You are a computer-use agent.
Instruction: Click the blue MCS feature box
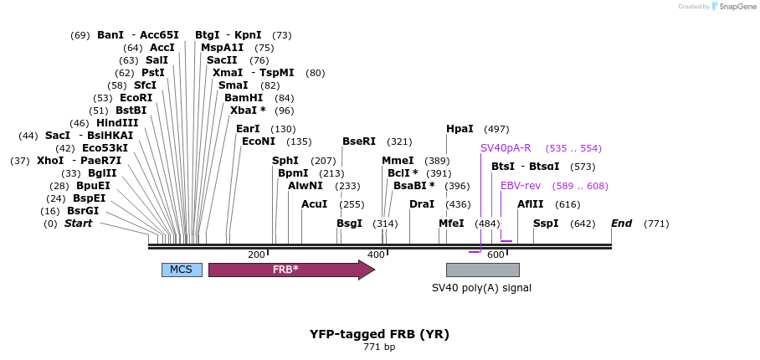tap(181, 270)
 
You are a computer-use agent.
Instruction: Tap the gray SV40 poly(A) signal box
tap(482, 270)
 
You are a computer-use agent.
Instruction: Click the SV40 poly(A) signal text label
tap(481, 288)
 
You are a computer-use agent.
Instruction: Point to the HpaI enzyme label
tap(460, 129)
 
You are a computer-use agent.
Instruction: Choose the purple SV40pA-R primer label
tap(506, 148)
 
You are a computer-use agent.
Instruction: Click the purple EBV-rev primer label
tap(521, 186)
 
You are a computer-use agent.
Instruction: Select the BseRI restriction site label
tap(359, 141)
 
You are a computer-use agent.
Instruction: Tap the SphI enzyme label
tap(285, 161)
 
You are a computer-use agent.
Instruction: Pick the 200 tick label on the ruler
tap(256, 255)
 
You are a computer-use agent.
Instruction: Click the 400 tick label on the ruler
tap(376, 255)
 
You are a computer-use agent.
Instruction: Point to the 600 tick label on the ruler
tap(496, 255)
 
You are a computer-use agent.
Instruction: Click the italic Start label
tap(78, 224)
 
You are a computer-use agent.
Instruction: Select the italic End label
tap(621, 224)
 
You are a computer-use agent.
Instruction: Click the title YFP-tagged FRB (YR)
tap(379, 334)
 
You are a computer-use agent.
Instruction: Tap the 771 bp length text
tap(379, 347)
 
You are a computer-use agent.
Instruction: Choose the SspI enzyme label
tap(546, 224)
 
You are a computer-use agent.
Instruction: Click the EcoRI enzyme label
tap(136, 98)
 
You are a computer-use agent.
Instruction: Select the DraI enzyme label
tap(422, 204)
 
